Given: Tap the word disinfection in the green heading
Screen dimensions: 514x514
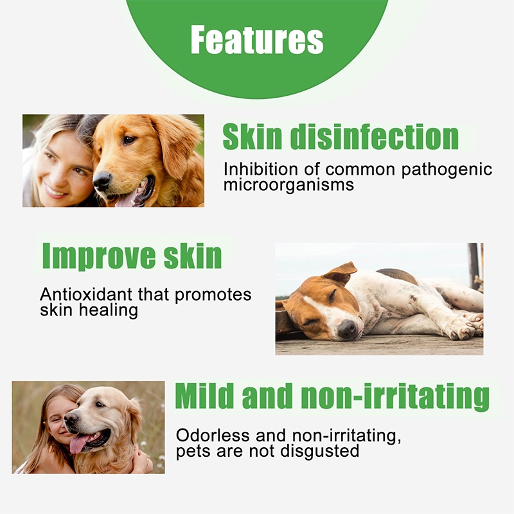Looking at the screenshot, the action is click(x=375, y=136).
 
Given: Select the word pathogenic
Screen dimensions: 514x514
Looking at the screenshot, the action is click(x=447, y=170).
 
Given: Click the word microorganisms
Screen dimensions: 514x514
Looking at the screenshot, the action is click(x=288, y=185).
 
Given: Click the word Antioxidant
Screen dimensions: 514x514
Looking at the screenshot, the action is click(x=86, y=294).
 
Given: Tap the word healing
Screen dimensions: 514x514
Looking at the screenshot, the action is click(x=109, y=310).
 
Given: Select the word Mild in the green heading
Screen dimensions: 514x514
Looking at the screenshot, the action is click(x=205, y=396).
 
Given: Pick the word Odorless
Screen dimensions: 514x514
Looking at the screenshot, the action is click(x=213, y=436).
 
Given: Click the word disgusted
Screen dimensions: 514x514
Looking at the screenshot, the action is click(x=320, y=452).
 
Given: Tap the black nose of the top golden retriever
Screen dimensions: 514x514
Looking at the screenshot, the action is click(x=102, y=181).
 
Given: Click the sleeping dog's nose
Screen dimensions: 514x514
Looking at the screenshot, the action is click(x=348, y=328).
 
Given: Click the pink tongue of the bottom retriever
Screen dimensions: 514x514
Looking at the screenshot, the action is click(x=78, y=444).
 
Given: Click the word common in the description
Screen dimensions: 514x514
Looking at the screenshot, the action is click(x=360, y=170).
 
